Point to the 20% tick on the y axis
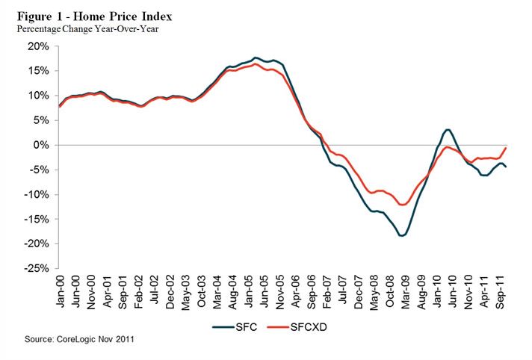38,46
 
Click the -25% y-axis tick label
37,268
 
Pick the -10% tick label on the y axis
37,194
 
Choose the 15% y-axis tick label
38,71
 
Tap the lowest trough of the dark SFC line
402,236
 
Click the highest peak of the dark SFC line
256,58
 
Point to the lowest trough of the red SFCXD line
403,205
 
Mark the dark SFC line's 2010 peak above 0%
447,130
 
